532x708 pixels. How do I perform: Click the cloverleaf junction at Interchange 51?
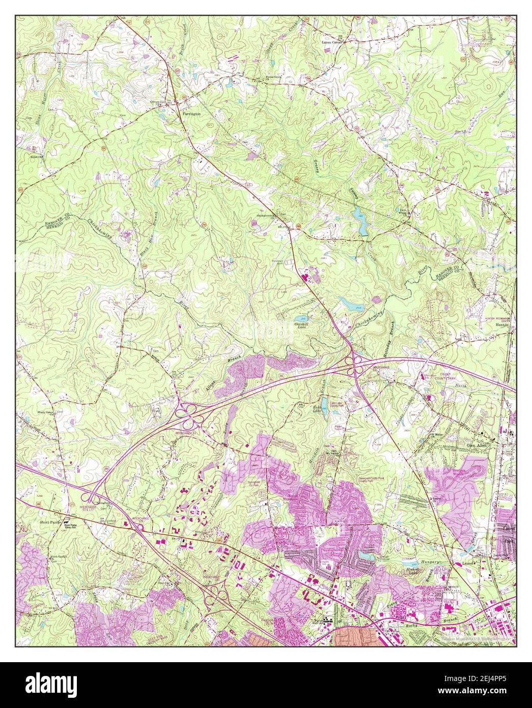189,414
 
